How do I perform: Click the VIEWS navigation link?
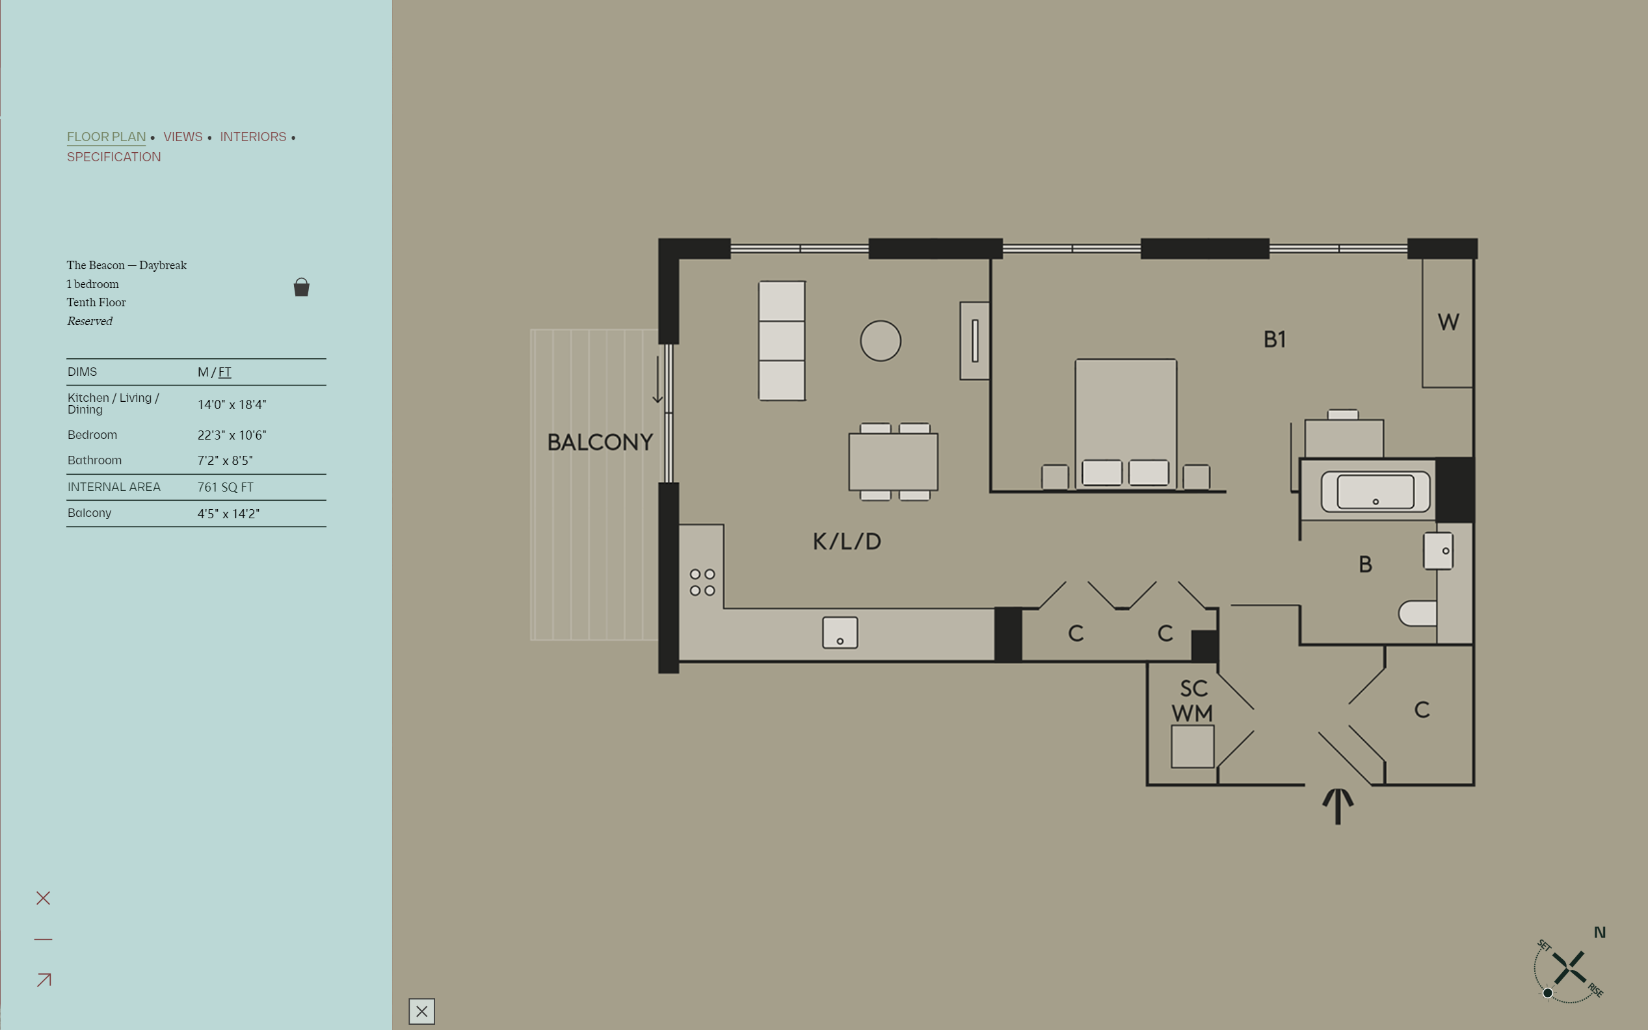pyautogui.click(x=183, y=137)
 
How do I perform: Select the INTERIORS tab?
pyautogui.click(x=253, y=137)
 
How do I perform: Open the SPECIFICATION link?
pyautogui.click(x=114, y=157)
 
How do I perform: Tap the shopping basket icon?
pyautogui.click(x=301, y=287)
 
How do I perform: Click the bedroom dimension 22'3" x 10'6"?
pyautogui.click(x=232, y=435)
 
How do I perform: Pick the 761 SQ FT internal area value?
pyautogui.click(x=226, y=487)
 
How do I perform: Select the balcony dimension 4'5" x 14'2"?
pyautogui.click(x=228, y=514)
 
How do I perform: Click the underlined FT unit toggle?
pyautogui.click(x=225, y=372)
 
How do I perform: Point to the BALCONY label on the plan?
pyautogui.click(x=600, y=442)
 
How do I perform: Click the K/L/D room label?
pyautogui.click(x=847, y=542)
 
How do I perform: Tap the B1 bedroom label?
pyautogui.click(x=1275, y=339)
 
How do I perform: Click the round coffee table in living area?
pyautogui.click(x=880, y=341)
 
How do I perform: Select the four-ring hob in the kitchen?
pyautogui.click(x=702, y=583)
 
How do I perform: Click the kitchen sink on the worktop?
pyautogui.click(x=840, y=633)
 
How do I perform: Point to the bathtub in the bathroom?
pyautogui.click(x=1376, y=491)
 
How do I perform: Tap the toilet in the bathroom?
pyautogui.click(x=1417, y=613)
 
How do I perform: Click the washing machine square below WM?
pyautogui.click(x=1192, y=746)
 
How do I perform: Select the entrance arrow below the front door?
pyautogui.click(x=1338, y=806)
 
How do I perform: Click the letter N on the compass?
pyautogui.click(x=1600, y=932)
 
